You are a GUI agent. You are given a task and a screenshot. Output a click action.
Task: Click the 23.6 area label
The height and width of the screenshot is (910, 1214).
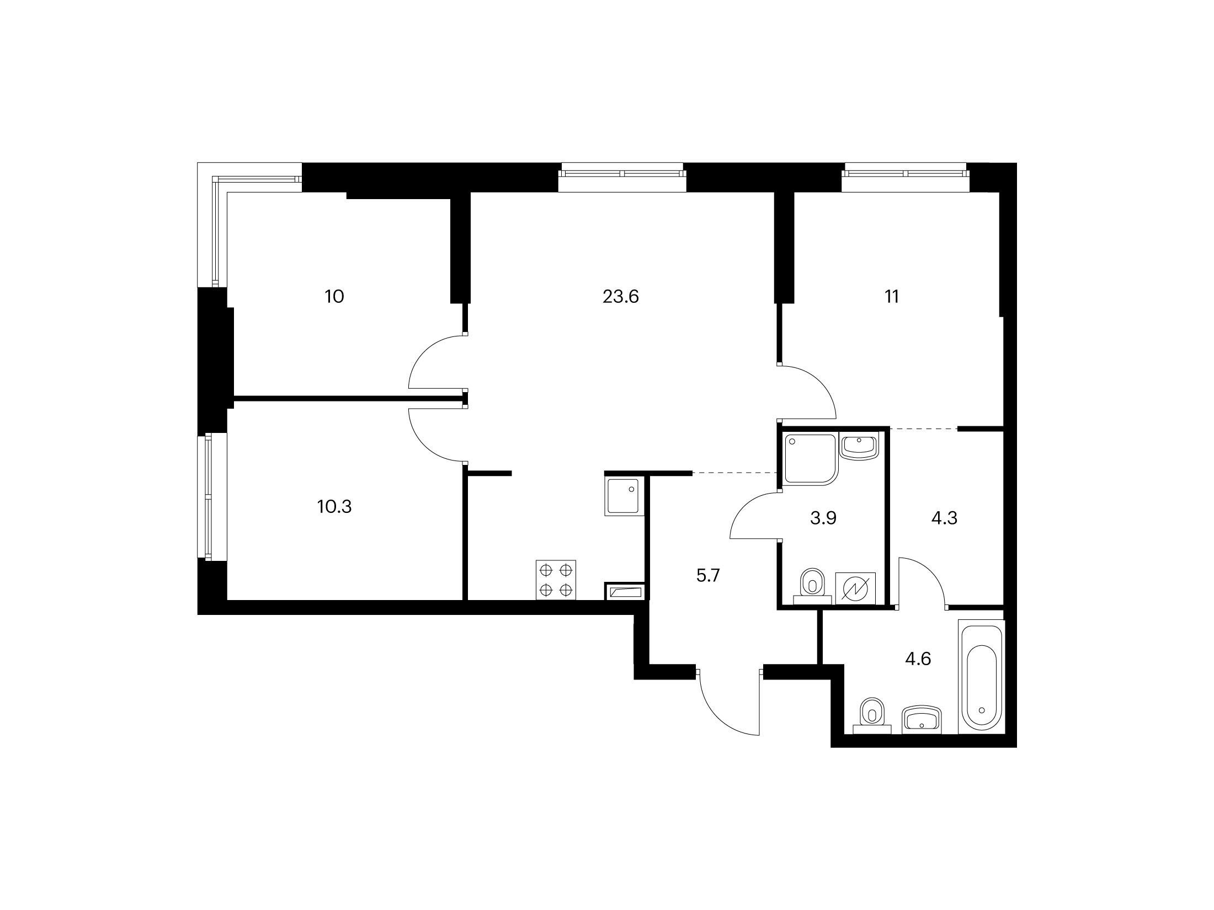pyautogui.click(x=620, y=297)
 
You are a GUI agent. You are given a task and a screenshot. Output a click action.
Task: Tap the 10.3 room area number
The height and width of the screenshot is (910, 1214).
pyautogui.click(x=334, y=506)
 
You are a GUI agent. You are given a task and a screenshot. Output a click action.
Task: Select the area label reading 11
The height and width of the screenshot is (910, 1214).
pyautogui.click(x=892, y=297)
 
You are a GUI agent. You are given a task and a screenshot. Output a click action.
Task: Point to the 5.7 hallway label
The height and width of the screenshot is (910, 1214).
pyautogui.click(x=709, y=576)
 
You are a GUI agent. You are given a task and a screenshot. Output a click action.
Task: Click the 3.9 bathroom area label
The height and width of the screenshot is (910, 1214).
pyautogui.click(x=823, y=518)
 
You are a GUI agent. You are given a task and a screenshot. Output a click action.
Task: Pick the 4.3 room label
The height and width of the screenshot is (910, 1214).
pyautogui.click(x=944, y=518)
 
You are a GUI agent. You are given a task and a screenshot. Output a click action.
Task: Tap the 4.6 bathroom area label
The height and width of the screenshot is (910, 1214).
pyautogui.click(x=918, y=659)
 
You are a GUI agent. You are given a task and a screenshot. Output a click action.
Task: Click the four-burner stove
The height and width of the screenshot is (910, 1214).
pyautogui.click(x=556, y=580)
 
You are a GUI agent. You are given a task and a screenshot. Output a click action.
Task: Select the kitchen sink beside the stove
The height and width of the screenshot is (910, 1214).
pyautogui.click(x=625, y=497)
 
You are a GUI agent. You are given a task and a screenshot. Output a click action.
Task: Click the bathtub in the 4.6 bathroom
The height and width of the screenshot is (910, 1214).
pyautogui.click(x=981, y=677)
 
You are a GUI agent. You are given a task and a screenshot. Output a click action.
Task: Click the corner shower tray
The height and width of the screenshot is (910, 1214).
pyautogui.click(x=808, y=459)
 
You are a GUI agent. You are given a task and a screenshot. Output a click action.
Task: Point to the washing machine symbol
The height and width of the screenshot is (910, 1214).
pyautogui.click(x=855, y=588)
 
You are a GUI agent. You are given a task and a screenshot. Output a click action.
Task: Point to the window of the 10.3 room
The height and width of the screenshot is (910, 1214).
pyautogui.click(x=208, y=497)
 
